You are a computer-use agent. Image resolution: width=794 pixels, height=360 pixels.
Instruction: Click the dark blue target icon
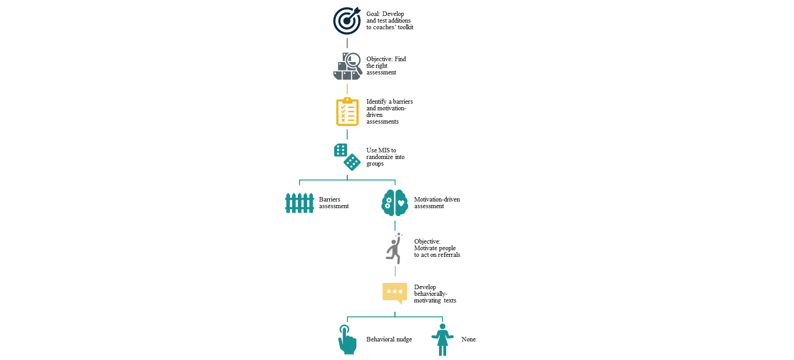(347, 20)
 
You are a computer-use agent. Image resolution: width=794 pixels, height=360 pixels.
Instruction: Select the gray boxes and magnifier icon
(347, 66)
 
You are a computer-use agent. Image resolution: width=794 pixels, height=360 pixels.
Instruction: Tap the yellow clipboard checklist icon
(347, 112)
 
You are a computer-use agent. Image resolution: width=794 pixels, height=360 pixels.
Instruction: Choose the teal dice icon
(347, 157)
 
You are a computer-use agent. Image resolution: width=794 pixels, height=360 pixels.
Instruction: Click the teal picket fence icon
(300, 203)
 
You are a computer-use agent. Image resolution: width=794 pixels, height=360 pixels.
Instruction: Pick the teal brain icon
(395, 203)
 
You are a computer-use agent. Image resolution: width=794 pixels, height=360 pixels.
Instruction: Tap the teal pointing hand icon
(347, 340)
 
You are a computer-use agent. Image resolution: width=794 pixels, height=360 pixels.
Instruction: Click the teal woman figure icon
(443, 340)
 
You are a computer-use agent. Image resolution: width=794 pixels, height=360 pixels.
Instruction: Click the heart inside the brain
(401, 203)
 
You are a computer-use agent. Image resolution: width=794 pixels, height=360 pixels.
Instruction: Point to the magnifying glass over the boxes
(353, 60)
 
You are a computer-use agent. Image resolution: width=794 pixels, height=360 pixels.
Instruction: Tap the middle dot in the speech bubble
(395, 291)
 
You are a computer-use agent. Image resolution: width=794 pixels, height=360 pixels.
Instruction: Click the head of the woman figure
(443, 326)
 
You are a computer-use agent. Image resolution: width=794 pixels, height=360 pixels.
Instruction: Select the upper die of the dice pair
(341, 150)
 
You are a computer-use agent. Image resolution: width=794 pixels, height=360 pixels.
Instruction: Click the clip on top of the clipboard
(347, 100)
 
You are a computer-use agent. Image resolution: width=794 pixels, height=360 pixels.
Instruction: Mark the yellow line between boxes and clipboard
(347, 89)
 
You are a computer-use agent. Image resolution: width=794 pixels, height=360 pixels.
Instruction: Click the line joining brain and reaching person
(395, 225)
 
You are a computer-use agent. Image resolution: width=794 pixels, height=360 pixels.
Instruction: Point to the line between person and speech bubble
(395, 271)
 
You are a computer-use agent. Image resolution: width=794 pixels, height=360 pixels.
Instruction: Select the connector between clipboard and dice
(347, 134)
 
